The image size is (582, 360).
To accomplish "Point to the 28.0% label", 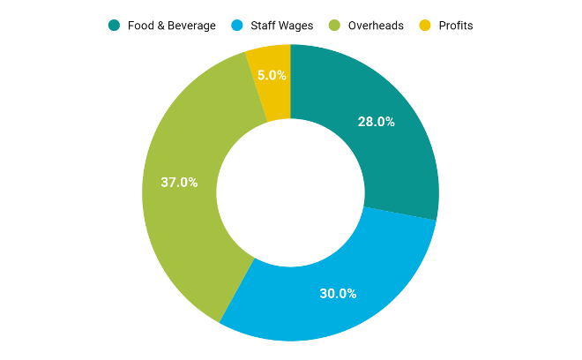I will click(x=376, y=122).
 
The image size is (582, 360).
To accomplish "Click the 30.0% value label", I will click(x=338, y=294).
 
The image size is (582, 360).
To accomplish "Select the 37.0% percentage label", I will click(x=179, y=183).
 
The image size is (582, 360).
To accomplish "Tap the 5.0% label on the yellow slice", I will click(x=270, y=76).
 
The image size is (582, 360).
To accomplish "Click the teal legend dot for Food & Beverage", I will click(x=114, y=26).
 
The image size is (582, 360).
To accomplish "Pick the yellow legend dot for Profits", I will click(x=425, y=26).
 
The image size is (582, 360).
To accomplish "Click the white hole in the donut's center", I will click(x=290, y=191).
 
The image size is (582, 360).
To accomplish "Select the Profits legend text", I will click(x=456, y=26).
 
